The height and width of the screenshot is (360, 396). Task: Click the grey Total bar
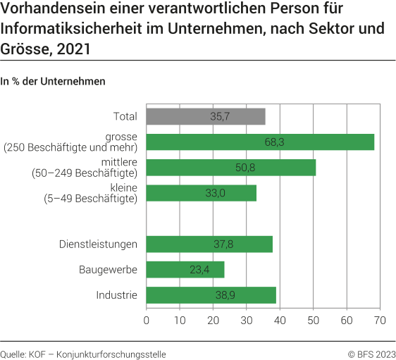tap(206, 116)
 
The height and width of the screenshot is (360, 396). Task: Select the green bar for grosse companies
tap(260, 142)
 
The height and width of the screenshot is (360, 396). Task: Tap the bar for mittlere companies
tap(231, 168)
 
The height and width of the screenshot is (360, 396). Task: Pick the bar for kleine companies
tap(202, 193)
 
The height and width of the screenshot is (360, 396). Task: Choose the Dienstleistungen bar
tap(209, 244)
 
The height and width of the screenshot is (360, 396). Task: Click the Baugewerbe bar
tap(185, 270)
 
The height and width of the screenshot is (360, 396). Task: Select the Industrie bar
tap(211, 295)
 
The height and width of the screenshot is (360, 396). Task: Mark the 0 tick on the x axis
tap(147, 321)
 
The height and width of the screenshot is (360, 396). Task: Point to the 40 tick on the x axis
tap(280, 321)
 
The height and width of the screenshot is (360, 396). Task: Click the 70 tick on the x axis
tap(380, 321)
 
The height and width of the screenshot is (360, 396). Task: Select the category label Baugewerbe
tap(108, 270)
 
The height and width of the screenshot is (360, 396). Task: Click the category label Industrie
tap(116, 295)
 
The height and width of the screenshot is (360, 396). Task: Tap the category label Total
tap(125, 116)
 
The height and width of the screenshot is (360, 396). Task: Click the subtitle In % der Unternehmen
tap(54, 81)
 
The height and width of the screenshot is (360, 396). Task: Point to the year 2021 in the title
tap(72, 50)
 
